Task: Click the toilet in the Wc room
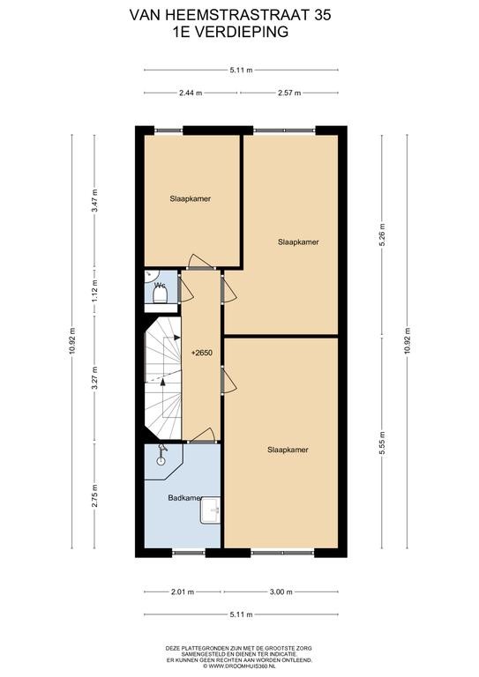pos(161,295)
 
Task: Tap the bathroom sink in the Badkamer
pos(210,510)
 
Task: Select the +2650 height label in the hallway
pos(202,353)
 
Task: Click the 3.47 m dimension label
pos(94,201)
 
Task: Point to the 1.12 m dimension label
pos(94,292)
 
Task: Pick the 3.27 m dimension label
pos(94,378)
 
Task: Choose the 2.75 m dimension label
pos(94,496)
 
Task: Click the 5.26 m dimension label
pos(382,234)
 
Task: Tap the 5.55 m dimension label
pos(382,443)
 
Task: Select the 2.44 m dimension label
pos(191,93)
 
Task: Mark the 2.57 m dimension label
pos(289,93)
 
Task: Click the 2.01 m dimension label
pos(183,592)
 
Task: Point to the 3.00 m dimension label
pos(281,592)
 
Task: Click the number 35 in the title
pos(322,15)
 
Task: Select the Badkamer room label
pos(184,498)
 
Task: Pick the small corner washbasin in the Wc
pos(151,275)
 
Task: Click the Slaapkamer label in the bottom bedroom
pos(288,450)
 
